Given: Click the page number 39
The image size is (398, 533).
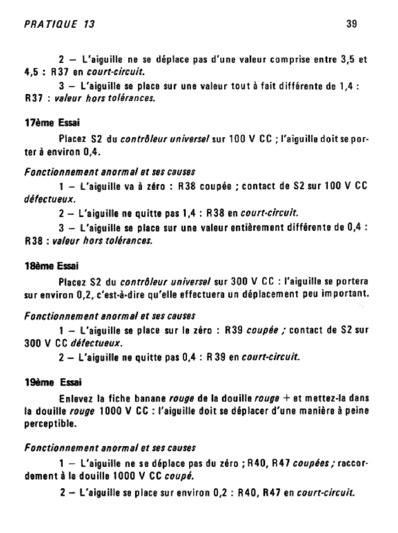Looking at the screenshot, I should click(351, 24).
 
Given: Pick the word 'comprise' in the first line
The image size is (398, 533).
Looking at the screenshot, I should click(288, 60).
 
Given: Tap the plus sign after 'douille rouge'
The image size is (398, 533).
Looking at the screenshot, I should click(286, 399).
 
